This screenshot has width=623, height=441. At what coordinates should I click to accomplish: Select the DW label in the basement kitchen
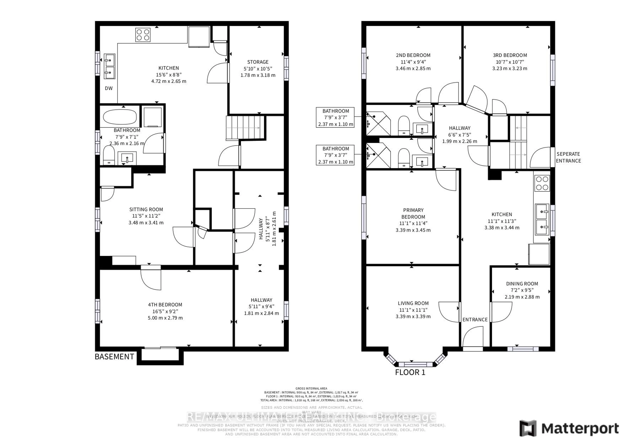tap(109, 88)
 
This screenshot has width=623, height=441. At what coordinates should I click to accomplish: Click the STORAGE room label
tap(258, 62)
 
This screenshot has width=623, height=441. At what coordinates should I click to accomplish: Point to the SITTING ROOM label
tap(146, 209)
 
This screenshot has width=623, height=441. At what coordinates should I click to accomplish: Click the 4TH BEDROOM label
tap(165, 305)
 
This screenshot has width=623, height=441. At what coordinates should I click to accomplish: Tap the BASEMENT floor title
tap(114, 357)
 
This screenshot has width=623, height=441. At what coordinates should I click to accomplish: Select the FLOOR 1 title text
tap(410, 372)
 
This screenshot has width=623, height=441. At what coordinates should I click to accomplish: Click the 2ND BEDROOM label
tap(413, 55)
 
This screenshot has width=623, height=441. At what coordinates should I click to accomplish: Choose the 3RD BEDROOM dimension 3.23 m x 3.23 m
tap(510, 68)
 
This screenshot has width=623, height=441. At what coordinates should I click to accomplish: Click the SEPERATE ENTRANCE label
tap(568, 157)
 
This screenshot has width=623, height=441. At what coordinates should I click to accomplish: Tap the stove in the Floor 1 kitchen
tap(542, 183)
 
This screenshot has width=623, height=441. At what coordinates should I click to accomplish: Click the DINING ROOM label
tap(522, 284)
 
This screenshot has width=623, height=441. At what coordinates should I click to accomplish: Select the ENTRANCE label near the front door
tap(475, 320)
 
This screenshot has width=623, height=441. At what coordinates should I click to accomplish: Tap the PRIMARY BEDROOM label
tap(413, 213)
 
